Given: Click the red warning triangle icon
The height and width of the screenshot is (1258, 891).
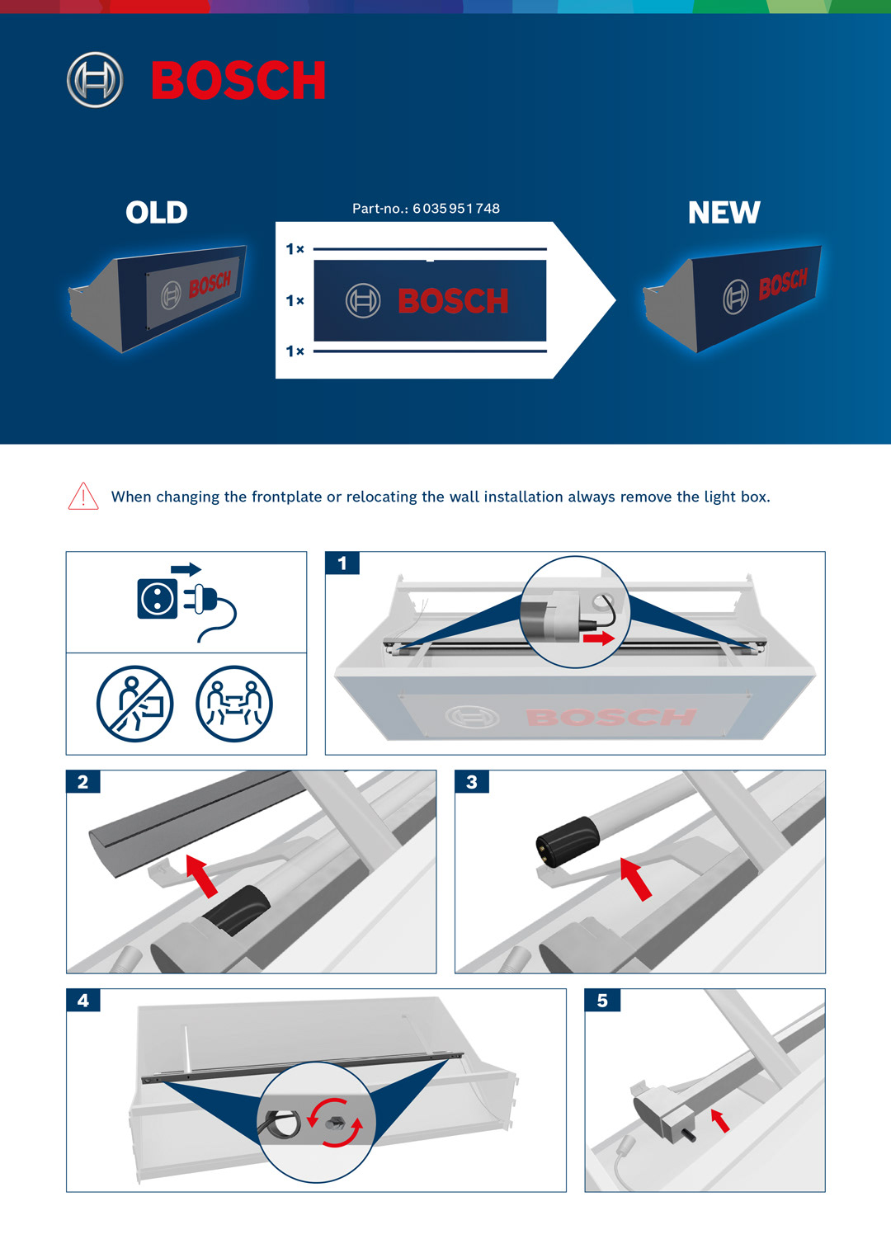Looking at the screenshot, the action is (x=83, y=497).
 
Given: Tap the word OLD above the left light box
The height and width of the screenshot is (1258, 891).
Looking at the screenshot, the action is (x=157, y=212).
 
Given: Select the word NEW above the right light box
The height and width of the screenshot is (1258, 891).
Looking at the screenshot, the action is (x=724, y=212).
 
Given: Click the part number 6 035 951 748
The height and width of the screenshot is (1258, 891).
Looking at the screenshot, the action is (x=456, y=209).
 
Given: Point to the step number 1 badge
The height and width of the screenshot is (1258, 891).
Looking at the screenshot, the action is (x=342, y=563).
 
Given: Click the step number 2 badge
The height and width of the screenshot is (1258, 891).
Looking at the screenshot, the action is (x=83, y=782).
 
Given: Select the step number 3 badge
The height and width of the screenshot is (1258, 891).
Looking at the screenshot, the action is (x=472, y=782).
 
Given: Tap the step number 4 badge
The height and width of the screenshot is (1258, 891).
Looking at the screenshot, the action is (x=83, y=1001).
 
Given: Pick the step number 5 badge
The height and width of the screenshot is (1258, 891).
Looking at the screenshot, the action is (x=602, y=1001).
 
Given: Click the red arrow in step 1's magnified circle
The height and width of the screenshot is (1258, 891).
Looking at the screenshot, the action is (x=599, y=638).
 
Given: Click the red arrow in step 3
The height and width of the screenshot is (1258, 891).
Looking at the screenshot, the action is (x=636, y=879).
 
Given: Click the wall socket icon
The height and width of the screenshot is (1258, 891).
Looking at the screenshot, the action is (x=158, y=599).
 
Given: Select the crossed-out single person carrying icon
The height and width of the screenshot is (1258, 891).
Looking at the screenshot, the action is (x=134, y=704).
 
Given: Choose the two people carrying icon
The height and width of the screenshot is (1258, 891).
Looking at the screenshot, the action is (x=234, y=704).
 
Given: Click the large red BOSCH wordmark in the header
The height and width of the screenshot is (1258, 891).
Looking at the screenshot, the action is (x=238, y=80).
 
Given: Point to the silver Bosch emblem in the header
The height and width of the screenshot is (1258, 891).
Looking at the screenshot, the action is (x=95, y=80).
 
